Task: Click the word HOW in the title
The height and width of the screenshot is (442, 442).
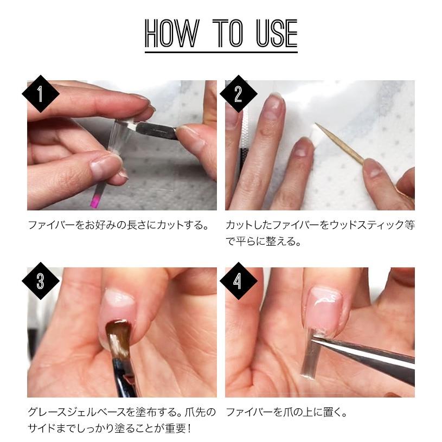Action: [x=172, y=33]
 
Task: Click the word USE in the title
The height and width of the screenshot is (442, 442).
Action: [x=277, y=33]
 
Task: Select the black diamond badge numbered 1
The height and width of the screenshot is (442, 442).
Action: [x=41, y=94]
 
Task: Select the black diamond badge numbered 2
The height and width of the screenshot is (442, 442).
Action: [x=239, y=94]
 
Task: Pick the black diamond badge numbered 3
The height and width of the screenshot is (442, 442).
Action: [x=41, y=281]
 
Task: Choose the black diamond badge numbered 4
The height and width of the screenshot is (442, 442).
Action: [x=239, y=281]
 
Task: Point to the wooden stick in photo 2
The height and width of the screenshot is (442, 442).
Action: [x=339, y=143]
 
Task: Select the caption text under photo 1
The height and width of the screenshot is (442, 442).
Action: [x=118, y=225]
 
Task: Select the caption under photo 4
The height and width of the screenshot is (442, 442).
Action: [x=287, y=412]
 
